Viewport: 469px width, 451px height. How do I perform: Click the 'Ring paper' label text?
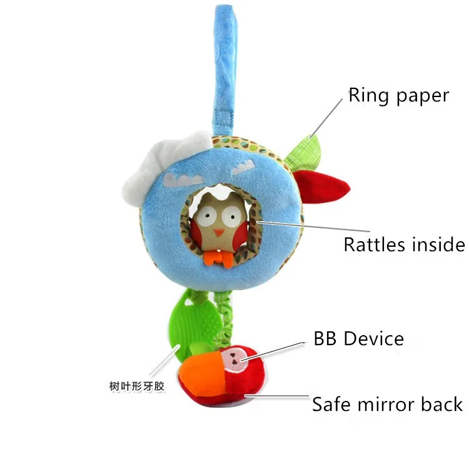[x=398, y=96]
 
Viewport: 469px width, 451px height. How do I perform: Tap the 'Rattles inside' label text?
[x=404, y=244]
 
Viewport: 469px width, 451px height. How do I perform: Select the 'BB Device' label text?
[x=358, y=340]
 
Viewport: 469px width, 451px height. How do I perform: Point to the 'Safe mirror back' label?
[x=387, y=404]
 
